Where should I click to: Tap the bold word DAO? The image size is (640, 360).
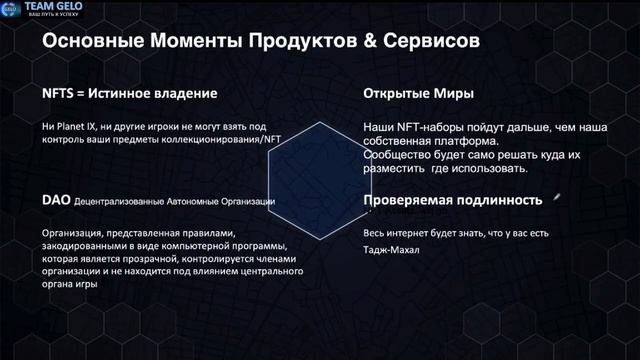pyautogui.click(x=54, y=200)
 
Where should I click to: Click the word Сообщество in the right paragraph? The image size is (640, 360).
pyautogui.click(x=394, y=156)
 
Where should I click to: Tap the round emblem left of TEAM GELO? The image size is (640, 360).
pyautogui.click(x=11, y=10)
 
